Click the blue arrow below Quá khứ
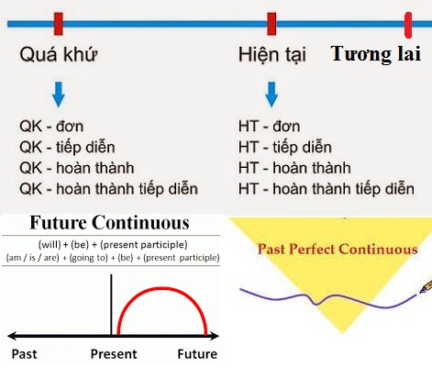tap(59, 93)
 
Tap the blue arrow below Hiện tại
tap(271, 93)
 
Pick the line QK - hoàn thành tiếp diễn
tap(108, 188)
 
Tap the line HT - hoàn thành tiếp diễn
tap(326, 188)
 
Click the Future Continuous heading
tap(110, 223)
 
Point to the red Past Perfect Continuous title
tap(337, 249)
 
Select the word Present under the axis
tap(114, 354)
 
